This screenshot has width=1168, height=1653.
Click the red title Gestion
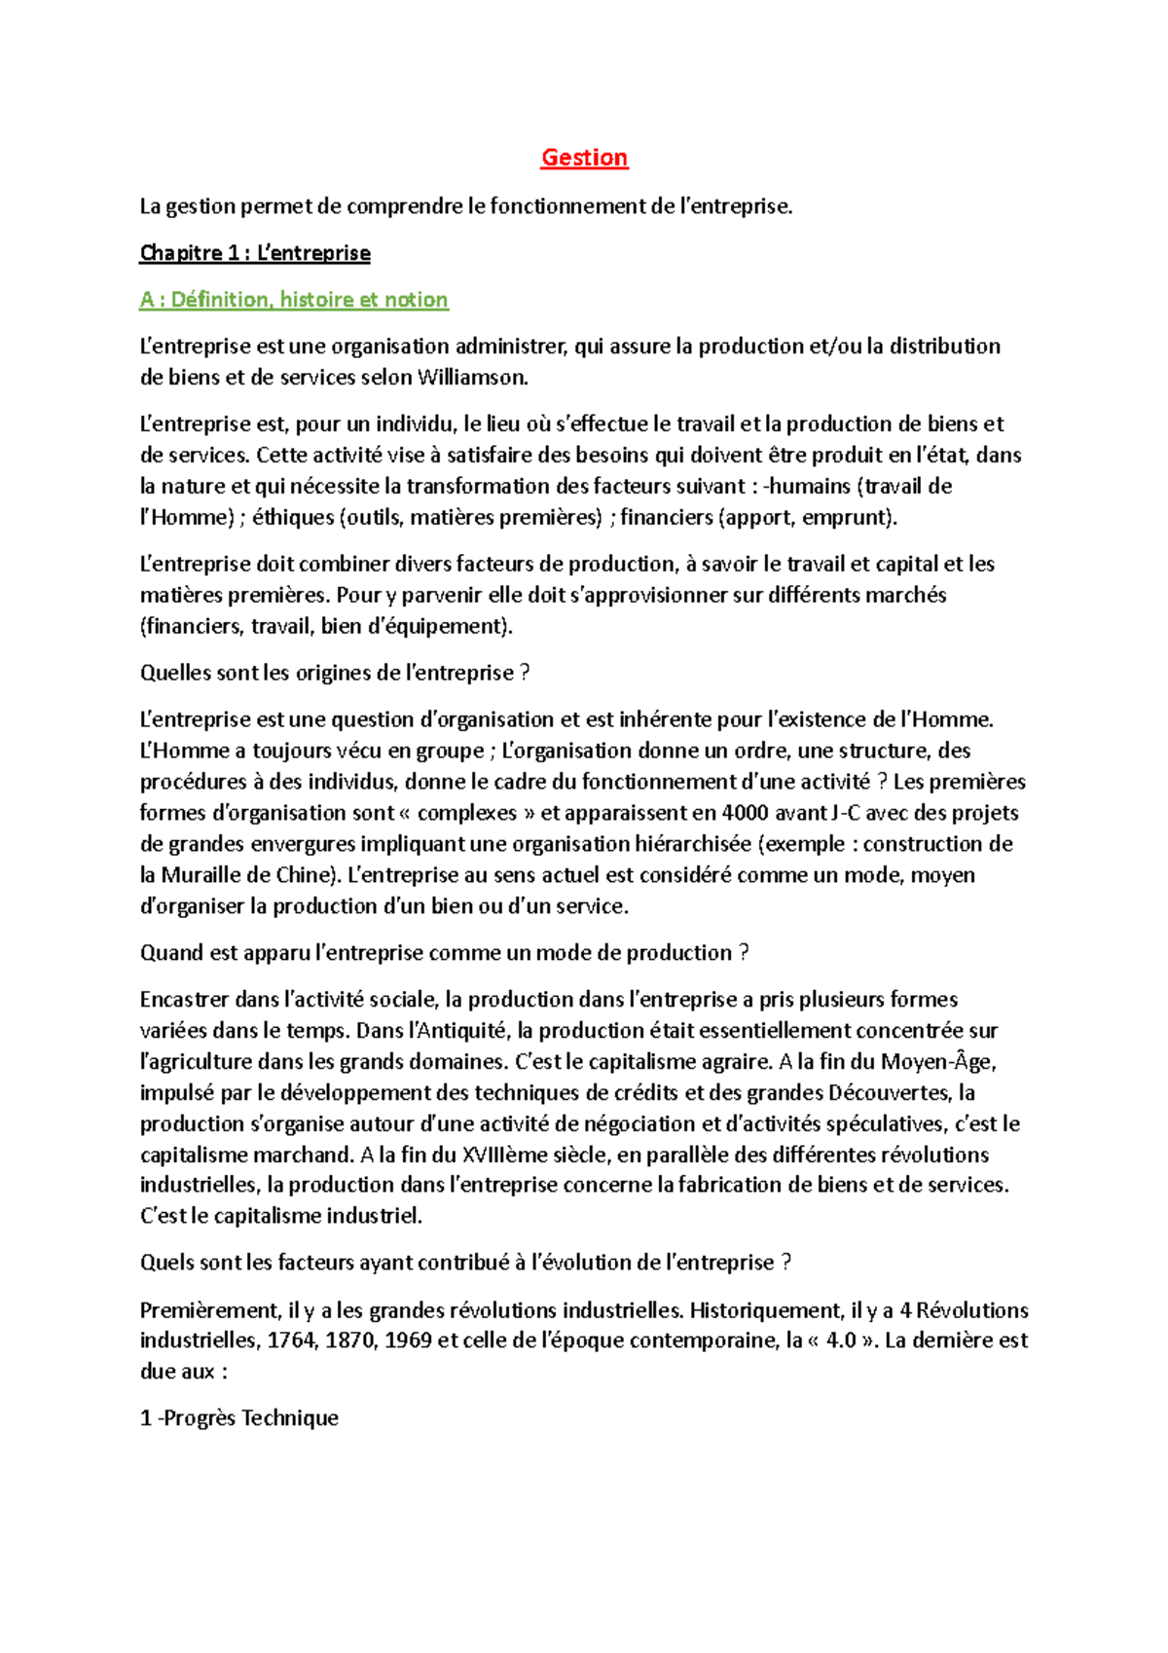coord(584,158)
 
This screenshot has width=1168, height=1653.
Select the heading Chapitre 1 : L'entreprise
coord(255,253)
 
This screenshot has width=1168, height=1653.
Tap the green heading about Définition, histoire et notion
coord(294,300)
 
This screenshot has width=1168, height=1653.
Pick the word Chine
coord(303,874)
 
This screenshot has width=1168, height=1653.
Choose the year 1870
coord(349,1341)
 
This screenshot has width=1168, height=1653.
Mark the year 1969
coord(409,1341)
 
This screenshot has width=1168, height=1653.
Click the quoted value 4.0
coord(840,1341)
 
